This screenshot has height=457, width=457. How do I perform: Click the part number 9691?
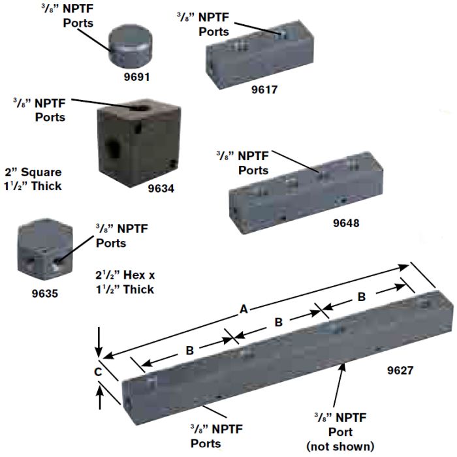point(138,76)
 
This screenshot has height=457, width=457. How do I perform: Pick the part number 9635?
point(45,293)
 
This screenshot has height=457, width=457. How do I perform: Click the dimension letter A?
point(244,310)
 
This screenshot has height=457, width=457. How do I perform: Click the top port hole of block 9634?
point(140,108)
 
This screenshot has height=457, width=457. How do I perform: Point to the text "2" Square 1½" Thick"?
point(32,179)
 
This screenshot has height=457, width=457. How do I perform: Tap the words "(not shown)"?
point(341,447)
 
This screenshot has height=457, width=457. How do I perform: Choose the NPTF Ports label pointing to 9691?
point(78,16)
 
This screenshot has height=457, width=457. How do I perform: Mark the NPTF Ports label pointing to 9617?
point(203,24)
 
